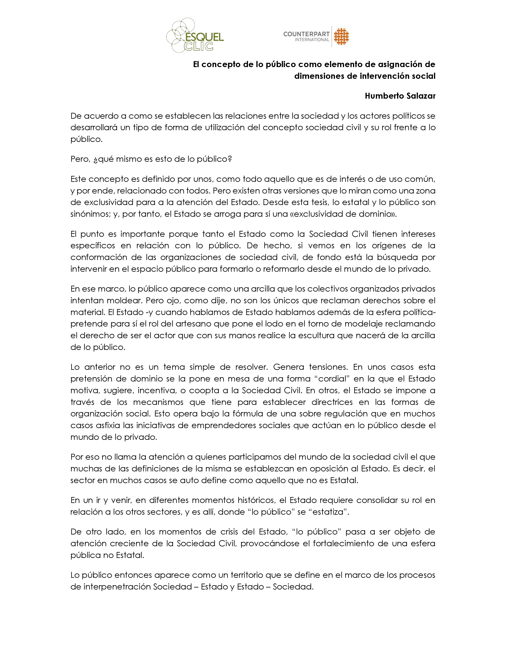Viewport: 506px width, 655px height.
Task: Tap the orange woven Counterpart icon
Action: pyautogui.click(x=342, y=37)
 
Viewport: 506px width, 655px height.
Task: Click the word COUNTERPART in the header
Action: pyautogui.click(x=306, y=34)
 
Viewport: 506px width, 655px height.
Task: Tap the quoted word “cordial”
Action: pyautogui.click(x=333, y=379)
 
